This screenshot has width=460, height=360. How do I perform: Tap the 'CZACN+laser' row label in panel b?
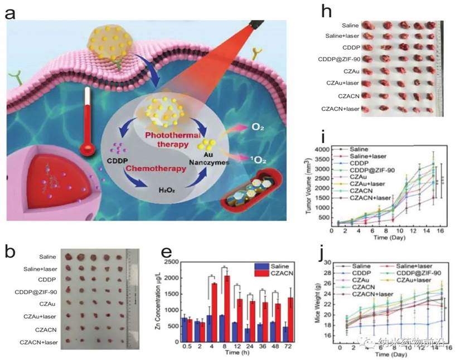(39, 342)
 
